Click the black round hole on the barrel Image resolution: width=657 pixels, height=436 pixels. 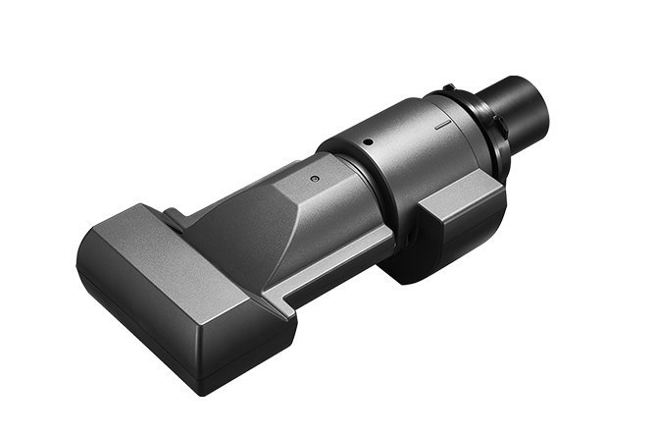click(x=366, y=140)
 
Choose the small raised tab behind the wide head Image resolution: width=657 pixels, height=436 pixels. click(x=173, y=217)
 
